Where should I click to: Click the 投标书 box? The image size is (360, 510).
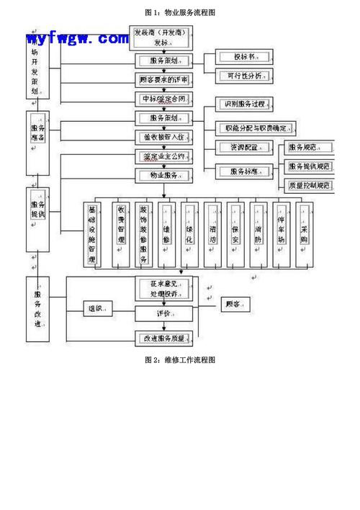pyautogui.click(x=244, y=57)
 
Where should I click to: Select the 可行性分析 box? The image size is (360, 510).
pyautogui.click(x=244, y=75)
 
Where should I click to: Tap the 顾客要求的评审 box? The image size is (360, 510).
pyautogui.click(x=163, y=79)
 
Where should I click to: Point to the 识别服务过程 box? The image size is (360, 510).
pyautogui.click(x=244, y=104)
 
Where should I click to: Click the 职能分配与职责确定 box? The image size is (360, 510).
pyautogui.click(x=256, y=128)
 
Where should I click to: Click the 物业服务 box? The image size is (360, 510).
pyautogui.click(x=163, y=175)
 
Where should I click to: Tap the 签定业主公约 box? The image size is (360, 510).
pyautogui.click(x=163, y=156)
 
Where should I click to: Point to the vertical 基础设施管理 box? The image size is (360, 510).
pyautogui.click(x=92, y=235)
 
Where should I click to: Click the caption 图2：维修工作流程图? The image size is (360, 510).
pyautogui.click(x=180, y=359)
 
